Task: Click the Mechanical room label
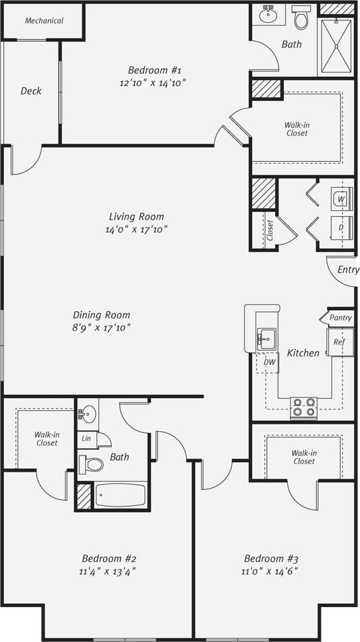point(44,21)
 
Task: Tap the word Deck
point(30,91)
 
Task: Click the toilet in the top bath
point(301,18)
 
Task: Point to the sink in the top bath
point(269,13)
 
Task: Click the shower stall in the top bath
point(336,46)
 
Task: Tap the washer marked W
point(341,199)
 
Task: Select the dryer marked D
point(341,228)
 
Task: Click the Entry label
point(348,269)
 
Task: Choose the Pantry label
point(340,318)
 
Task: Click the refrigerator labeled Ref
point(339,342)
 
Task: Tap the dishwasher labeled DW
point(269,362)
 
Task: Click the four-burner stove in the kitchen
point(303,407)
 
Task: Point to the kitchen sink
point(267,337)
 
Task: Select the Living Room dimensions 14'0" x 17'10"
point(137,229)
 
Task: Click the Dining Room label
point(101,315)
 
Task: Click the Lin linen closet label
point(86,439)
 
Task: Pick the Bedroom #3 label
point(271,558)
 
